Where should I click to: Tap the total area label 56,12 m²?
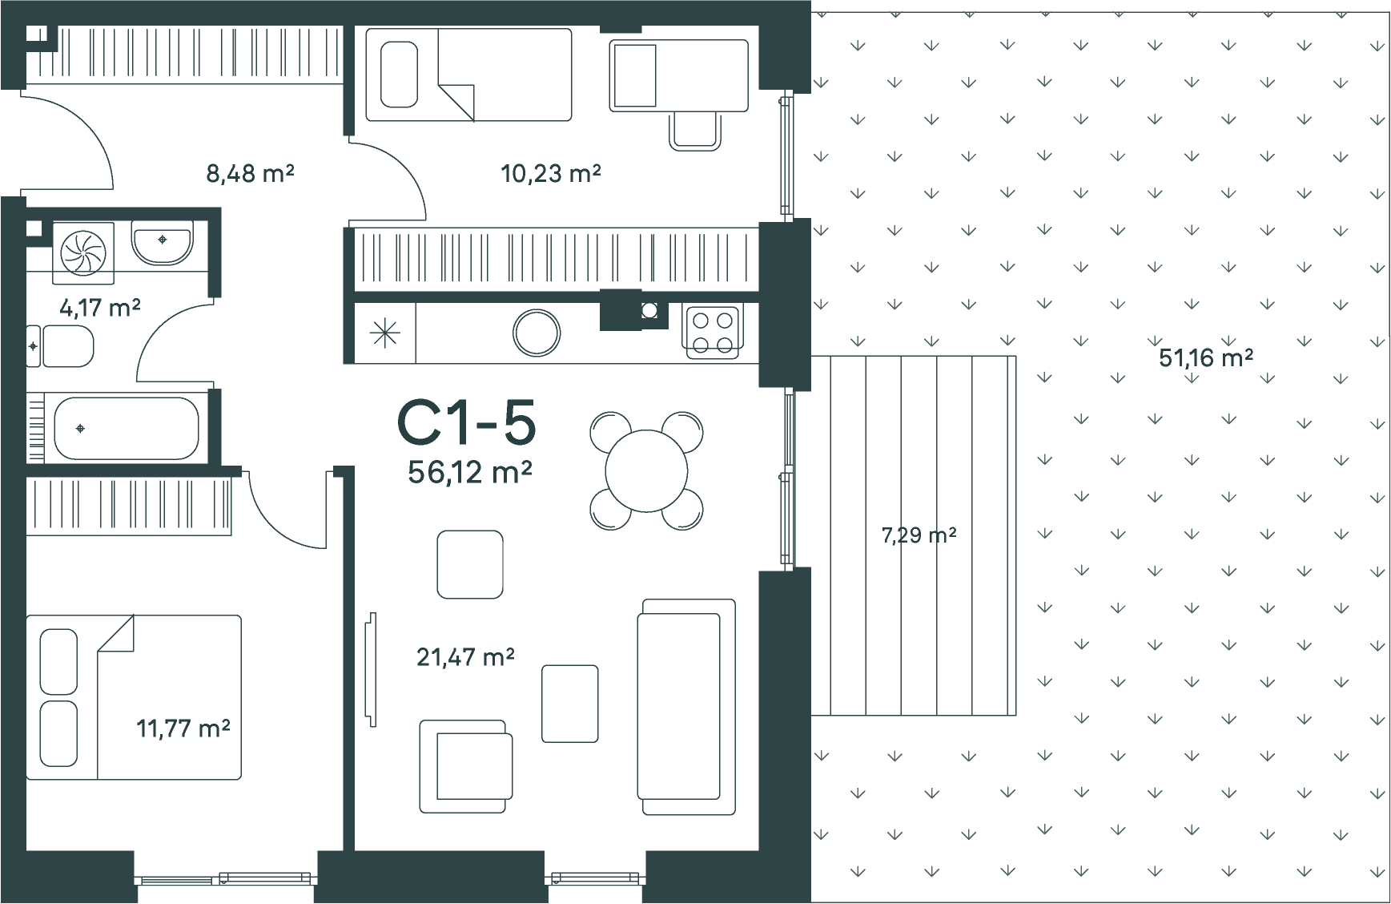pos(469,472)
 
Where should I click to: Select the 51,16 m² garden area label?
pos(1206,357)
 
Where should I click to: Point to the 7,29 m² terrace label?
pos(919,535)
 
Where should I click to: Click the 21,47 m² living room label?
pos(465,657)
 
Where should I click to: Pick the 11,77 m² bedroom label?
pos(183,728)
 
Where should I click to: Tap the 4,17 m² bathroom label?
pos(101,307)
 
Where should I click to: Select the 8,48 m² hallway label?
pos(250,172)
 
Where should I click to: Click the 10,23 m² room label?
pos(551,172)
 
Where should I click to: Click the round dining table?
pos(646,470)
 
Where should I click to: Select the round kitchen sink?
pos(537,332)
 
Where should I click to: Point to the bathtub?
pos(127,428)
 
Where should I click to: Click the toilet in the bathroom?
pos(61,346)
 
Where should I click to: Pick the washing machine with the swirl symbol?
pos(83,252)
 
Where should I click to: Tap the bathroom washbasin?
pos(163,244)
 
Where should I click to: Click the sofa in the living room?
pos(686,707)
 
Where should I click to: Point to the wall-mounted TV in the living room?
pos(371,670)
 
